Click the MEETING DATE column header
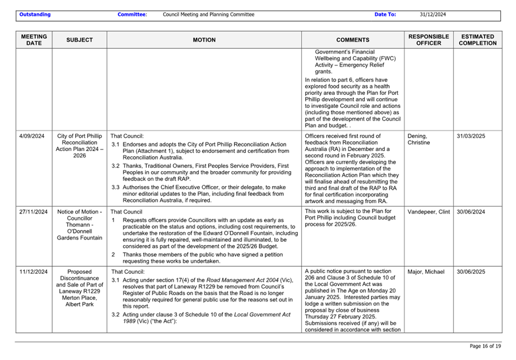[x=34, y=40]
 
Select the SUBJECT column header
[x=79, y=40]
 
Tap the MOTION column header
[x=204, y=40]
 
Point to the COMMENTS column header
[x=352, y=40]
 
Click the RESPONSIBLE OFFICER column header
[x=428, y=40]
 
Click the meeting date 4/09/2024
[x=32, y=136]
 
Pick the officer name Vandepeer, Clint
[x=429, y=212]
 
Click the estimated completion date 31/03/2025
[x=471, y=136]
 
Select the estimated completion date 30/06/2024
[x=471, y=212]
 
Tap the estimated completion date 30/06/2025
[x=471, y=272]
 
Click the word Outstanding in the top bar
[x=34, y=14]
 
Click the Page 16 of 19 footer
[x=485, y=346]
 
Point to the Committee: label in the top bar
[x=132, y=14]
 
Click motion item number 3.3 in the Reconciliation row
[x=115, y=187]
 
